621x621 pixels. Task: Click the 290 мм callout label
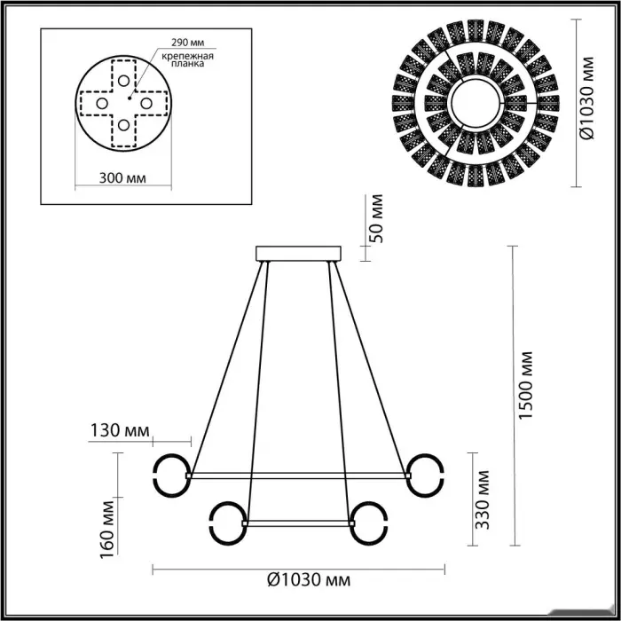[188, 42]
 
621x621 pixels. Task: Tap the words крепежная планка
[188, 59]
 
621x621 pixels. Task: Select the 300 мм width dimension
[122, 178]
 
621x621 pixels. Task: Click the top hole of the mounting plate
[123, 81]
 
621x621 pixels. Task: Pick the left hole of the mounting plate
[102, 104]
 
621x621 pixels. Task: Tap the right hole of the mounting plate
[146, 104]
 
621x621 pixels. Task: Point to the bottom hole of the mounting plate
[123, 125]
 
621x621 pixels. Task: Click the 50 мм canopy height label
[376, 218]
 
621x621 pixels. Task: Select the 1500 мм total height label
[526, 385]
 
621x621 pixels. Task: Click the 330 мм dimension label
[483, 499]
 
